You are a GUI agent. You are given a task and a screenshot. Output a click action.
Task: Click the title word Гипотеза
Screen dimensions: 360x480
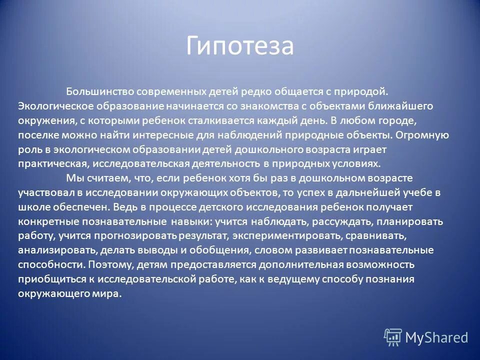240,46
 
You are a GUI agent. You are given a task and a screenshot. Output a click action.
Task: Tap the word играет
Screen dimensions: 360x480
372,149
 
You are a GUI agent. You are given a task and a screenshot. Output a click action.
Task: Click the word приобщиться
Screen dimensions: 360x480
47,279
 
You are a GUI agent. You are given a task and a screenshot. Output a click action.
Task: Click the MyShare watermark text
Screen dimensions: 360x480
436,337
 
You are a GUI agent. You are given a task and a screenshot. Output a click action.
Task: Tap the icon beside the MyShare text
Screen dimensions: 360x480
393,337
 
